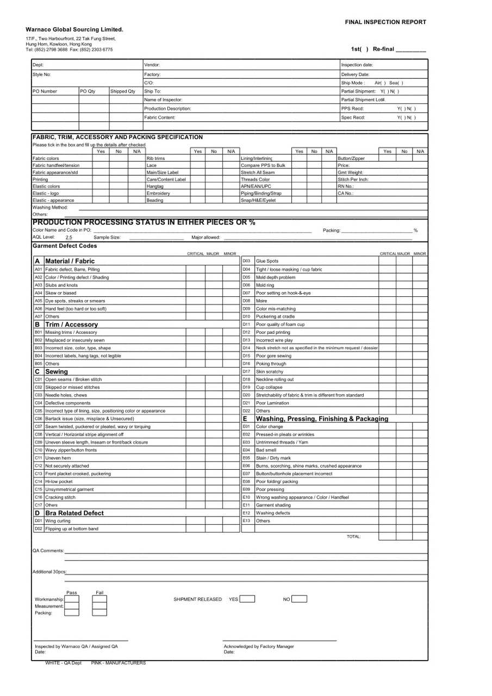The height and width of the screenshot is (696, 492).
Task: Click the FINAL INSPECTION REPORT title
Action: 385,22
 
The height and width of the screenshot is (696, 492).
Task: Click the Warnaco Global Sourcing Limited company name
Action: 74,29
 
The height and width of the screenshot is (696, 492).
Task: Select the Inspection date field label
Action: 357,65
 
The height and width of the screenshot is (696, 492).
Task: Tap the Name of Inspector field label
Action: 163,100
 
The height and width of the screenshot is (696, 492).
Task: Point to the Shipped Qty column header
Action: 123,91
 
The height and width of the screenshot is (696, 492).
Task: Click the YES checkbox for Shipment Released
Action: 247,599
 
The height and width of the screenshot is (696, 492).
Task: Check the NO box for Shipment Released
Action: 299,599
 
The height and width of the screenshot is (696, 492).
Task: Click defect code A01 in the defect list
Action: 39,269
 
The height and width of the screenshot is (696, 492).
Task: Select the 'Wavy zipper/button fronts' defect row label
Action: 72,450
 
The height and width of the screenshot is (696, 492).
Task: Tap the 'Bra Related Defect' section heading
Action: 74,513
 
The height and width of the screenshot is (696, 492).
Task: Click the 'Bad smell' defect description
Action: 266,450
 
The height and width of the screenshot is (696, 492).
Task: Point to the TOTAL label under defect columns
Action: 353,537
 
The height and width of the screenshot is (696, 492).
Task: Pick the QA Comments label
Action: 48,551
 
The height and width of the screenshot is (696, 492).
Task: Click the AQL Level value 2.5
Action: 68,238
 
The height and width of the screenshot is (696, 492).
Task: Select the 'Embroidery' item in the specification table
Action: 158,193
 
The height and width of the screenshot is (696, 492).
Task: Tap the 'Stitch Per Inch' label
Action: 353,179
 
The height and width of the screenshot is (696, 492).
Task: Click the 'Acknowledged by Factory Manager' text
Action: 259,647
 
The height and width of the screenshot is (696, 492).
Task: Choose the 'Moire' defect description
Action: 261,301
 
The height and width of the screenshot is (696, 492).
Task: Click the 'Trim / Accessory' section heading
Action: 71,324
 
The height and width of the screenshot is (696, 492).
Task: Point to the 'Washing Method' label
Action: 50,207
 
